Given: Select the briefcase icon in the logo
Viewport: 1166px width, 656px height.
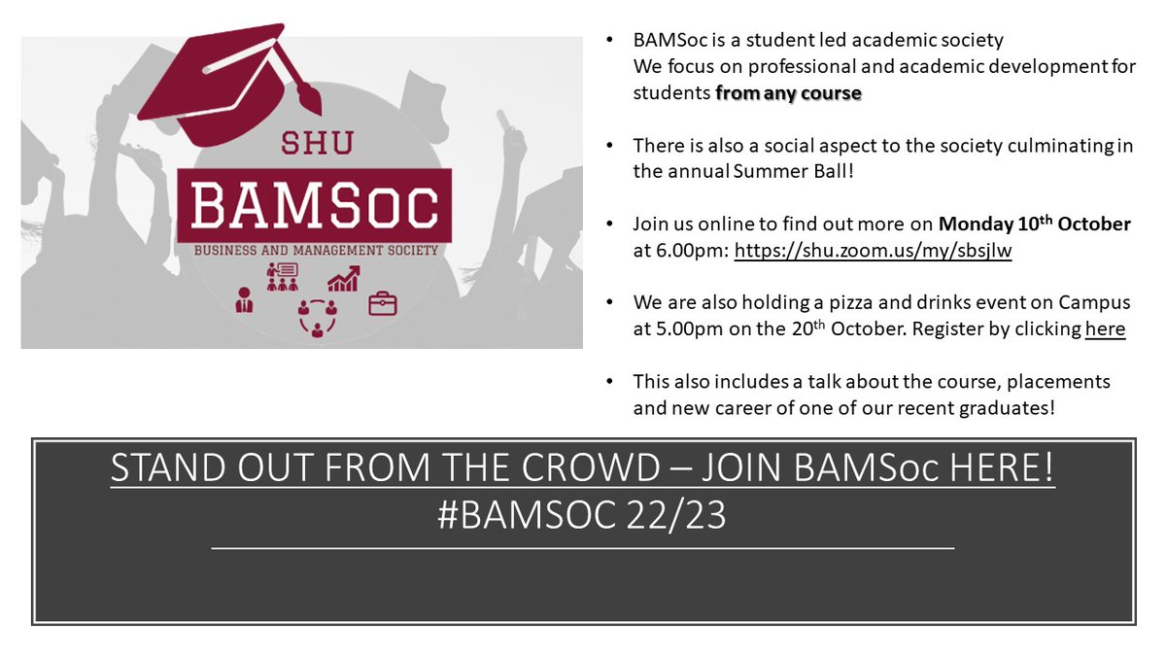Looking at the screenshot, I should point(382,303).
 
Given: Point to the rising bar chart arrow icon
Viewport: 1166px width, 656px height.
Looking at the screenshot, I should point(343,279).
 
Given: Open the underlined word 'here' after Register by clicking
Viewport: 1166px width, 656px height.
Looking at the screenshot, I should point(1105,329).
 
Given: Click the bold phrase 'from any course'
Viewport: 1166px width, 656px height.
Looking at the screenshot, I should point(788,94).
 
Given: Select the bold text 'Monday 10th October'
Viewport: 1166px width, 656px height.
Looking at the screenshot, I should point(1034,224).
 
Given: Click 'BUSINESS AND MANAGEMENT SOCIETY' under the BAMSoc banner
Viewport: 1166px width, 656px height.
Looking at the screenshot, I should point(315,250).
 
